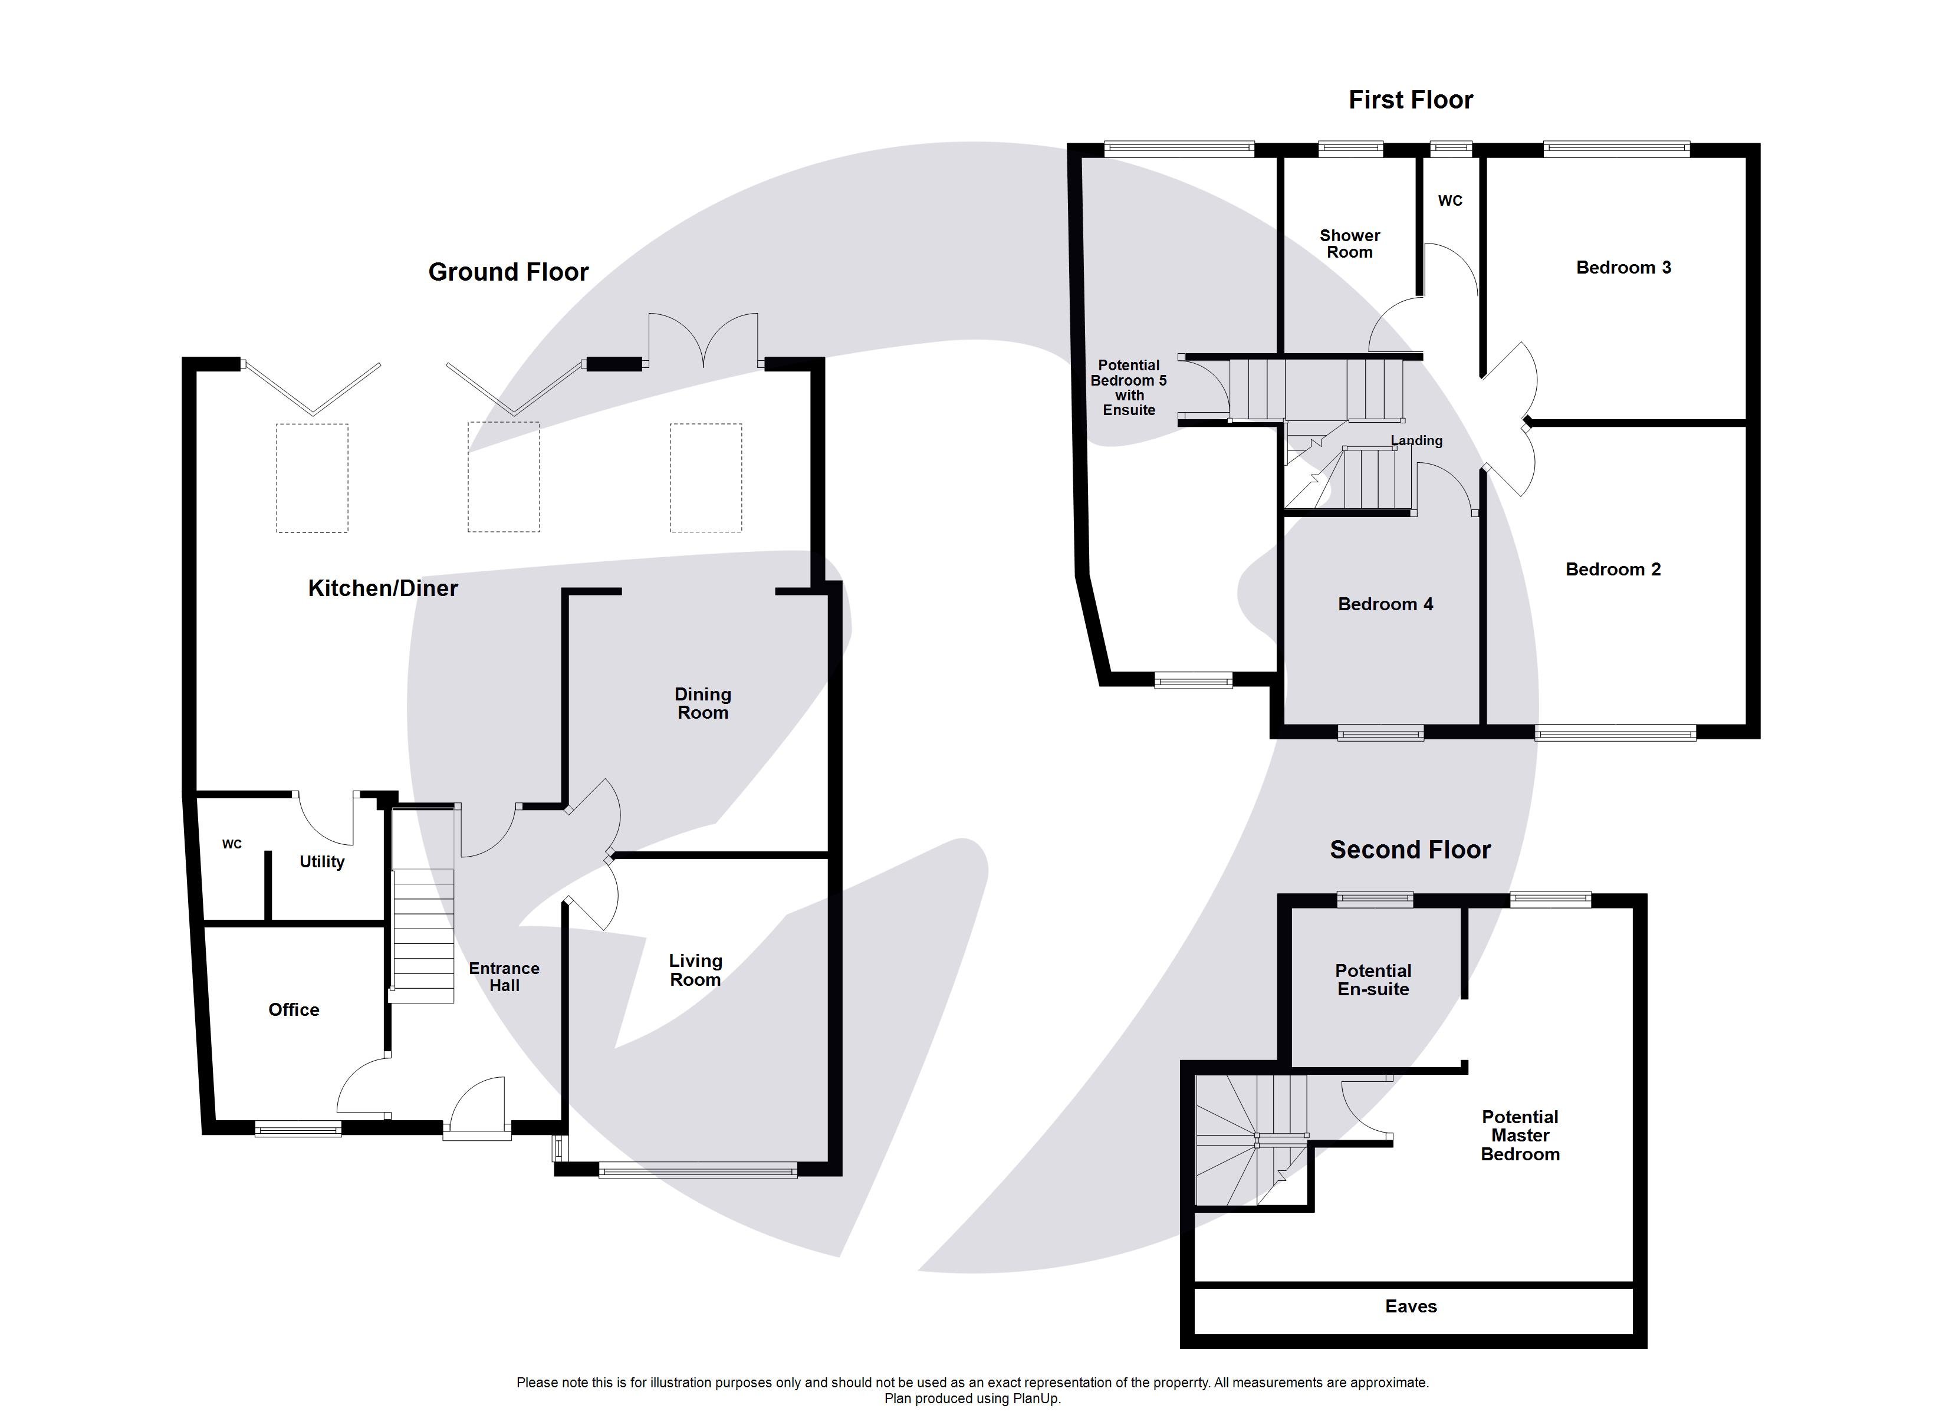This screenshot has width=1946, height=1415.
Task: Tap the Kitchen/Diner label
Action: coord(383,588)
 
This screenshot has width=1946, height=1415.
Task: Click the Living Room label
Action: coord(695,970)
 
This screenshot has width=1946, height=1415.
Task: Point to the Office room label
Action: coord(294,1009)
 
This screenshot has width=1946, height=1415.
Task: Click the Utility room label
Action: coord(322,861)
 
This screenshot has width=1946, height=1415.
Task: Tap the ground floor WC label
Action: coord(232,844)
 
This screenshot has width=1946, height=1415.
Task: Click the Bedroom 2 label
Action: coord(1612,569)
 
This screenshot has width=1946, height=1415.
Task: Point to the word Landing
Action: coord(1416,440)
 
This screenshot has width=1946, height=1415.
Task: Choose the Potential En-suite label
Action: coord(1372,979)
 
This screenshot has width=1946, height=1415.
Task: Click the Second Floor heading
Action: coord(1410,850)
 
